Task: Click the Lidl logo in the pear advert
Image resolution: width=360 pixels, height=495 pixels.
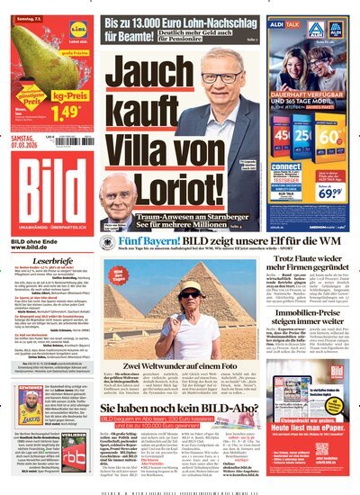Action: [78, 27]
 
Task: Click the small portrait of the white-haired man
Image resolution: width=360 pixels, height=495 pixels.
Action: [116, 193]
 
